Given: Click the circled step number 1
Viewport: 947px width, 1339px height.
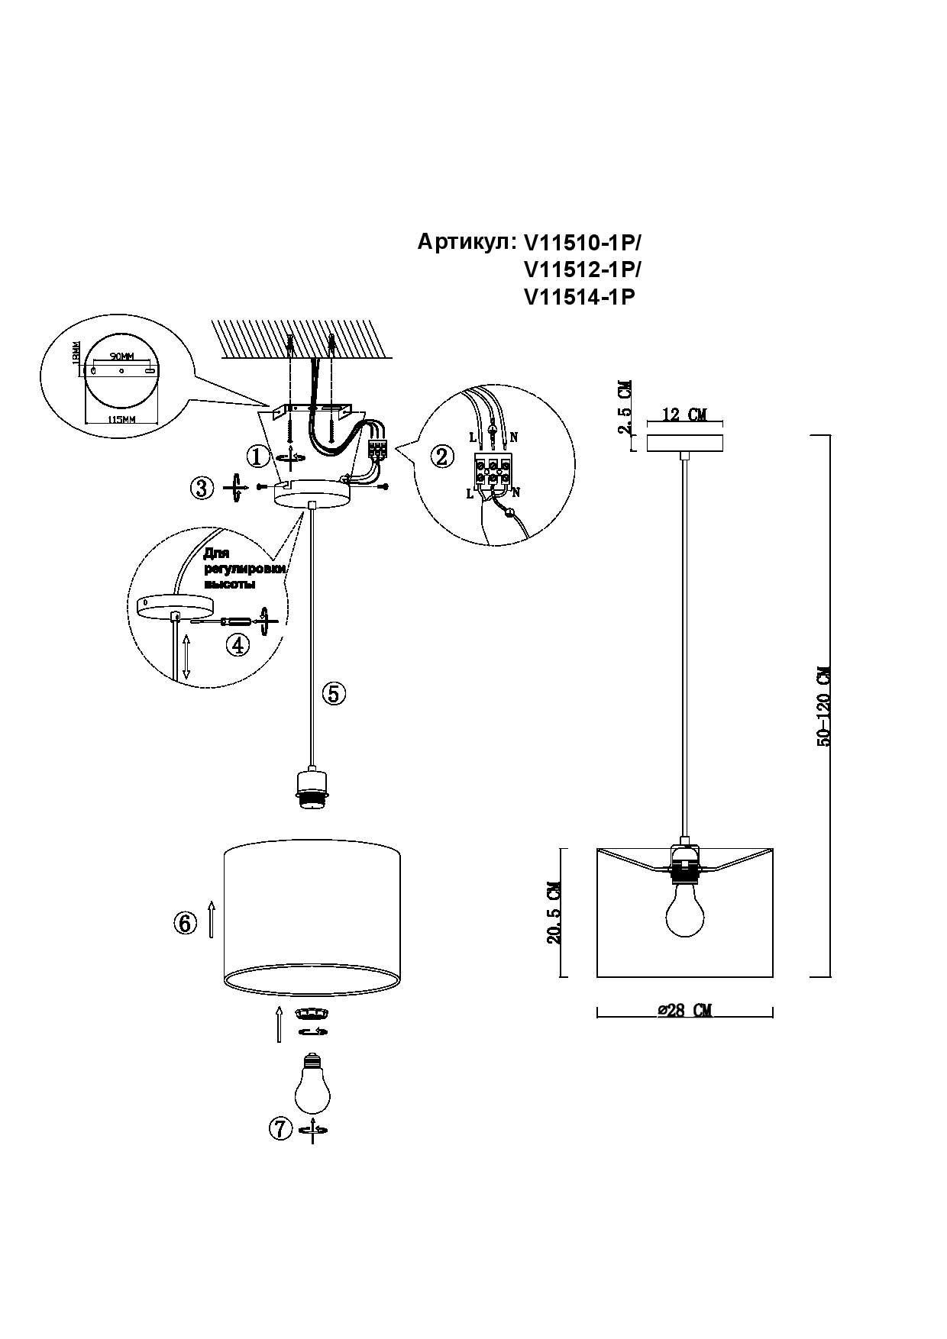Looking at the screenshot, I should (258, 457).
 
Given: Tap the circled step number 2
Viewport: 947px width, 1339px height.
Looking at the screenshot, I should (441, 457).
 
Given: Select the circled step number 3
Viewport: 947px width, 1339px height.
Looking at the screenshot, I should (202, 488).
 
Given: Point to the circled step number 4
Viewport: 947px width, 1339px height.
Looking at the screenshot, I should (238, 645).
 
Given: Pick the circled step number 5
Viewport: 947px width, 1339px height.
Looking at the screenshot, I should (334, 693).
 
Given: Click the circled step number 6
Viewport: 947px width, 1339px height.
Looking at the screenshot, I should (183, 923).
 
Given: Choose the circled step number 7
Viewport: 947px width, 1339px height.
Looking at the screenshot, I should (280, 1128).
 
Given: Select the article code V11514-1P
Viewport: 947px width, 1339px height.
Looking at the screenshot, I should (580, 298).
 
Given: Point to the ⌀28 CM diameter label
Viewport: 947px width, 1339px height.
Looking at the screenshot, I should (684, 1010).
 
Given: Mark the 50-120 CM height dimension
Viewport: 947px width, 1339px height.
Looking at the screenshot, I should (823, 706).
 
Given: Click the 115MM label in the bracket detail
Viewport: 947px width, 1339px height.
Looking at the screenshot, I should (121, 420).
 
